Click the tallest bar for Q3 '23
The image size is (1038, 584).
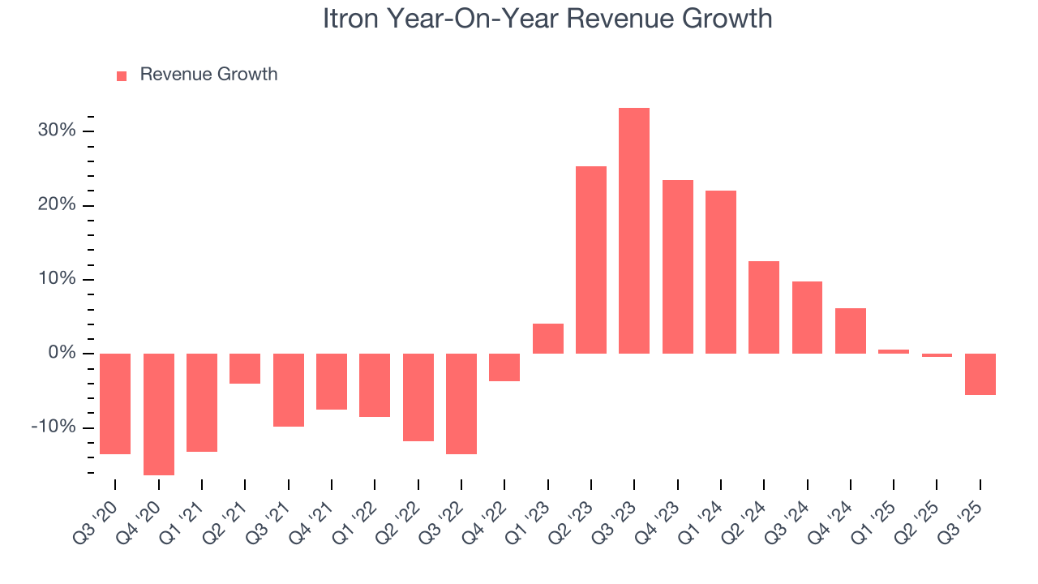(633, 230)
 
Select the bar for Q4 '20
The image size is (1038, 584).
(159, 414)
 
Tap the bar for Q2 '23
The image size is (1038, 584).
(590, 260)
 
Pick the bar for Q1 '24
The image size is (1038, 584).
(720, 272)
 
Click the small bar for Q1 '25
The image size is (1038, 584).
(894, 351)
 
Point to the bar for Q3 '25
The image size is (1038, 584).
(980, 374)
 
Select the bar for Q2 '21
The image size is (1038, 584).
(245, 368)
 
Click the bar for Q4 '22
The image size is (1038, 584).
(504, 367)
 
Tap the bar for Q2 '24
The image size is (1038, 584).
(764, 307)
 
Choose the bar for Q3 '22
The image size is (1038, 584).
(461, 403)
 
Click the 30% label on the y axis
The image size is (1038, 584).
(57, 131)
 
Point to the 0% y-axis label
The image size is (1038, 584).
(61, 354)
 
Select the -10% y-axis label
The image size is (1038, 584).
(54, 427)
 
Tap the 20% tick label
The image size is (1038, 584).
(57, 205)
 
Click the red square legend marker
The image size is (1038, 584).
(122, 75)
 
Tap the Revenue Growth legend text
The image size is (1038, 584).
(208, 75)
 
